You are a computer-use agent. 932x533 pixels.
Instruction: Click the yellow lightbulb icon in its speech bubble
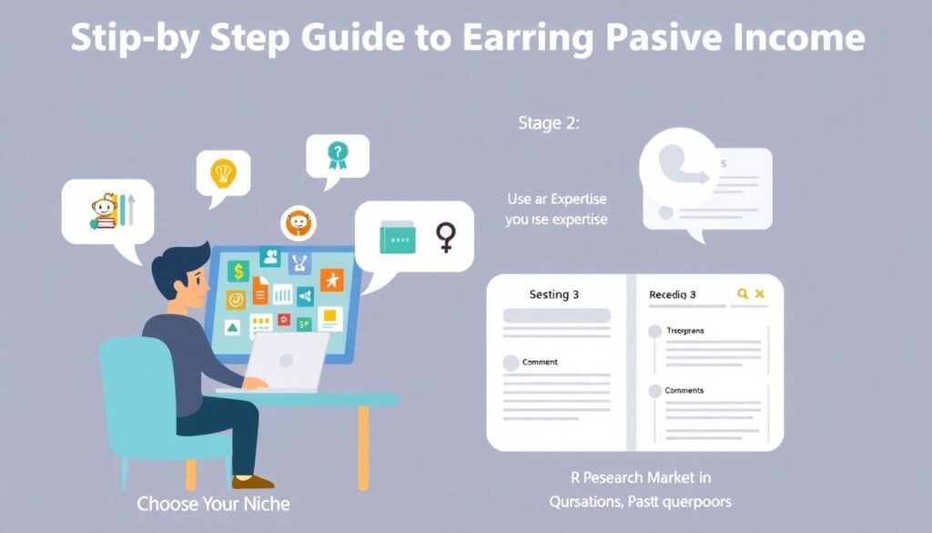pyautogui.click(x=223, y=171)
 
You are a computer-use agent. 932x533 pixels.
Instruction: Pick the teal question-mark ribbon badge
pyautogui.click(x=338, y=156)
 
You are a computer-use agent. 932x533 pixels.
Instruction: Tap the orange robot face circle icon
pyautogui.click(x=298, y=221)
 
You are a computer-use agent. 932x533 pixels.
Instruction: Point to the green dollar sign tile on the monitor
pyautogui.click(x=238, y=271)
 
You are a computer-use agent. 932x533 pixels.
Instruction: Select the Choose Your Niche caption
pyautogui.click(x=213, y=503)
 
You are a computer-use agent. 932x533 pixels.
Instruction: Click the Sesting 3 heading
pyautogui.click(x=554, y=294)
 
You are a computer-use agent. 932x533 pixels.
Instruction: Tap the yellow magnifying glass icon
pyautogui.click(x=743, y=293)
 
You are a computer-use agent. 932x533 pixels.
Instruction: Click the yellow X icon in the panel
pyautogui.click(x=761, y=293)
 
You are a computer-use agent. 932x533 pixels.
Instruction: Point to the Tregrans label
pyautogui.click(x=685, y=331)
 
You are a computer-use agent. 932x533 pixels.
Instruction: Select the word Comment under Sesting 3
pyautogui.click(x=540, y=363)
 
